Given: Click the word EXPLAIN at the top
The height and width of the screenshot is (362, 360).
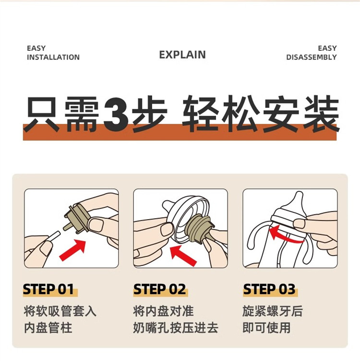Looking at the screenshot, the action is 182,55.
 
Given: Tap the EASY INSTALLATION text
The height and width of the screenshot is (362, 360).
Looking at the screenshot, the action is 53,53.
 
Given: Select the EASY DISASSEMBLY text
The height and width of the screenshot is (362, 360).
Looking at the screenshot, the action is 312,53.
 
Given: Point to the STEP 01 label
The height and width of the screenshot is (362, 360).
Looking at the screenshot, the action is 48,289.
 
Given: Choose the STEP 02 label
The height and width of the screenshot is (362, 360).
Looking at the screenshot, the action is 160,289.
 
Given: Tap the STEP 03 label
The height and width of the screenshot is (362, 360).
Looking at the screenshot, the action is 269,289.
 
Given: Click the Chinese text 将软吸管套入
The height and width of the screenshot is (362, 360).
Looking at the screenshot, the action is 60,311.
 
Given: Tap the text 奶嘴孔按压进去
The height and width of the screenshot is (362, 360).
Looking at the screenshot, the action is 176,328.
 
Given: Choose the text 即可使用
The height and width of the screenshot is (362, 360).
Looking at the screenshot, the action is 267,328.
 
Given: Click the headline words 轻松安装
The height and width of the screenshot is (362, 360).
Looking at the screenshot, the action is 261,114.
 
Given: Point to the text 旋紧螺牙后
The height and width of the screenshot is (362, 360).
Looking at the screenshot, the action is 273,311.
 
